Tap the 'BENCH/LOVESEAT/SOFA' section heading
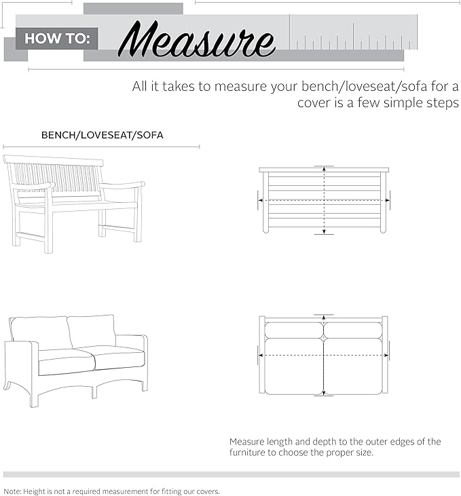click(102, 135)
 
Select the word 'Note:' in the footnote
click(13, 491)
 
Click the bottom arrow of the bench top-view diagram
click(324, 233)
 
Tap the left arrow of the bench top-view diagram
click(259, 200)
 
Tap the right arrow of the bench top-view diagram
click(389, 200)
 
